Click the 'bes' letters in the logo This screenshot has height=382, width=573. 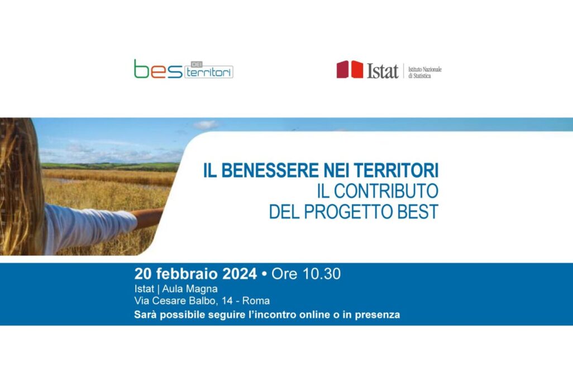coord(158,69)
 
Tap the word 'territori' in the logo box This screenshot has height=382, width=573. coord(209,73)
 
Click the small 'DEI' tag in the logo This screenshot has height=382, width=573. coord(197,64)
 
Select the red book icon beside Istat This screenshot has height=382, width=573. coord(350,69)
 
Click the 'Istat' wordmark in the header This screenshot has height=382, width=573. coord(383,70)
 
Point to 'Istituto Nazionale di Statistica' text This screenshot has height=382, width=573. coord(424,73)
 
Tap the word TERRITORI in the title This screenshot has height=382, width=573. coord(396,170)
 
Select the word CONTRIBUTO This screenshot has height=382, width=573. coord(386,191)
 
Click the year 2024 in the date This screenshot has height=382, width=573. coord(240,274)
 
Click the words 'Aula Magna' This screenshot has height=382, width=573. coord(190,289)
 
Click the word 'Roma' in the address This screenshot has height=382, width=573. coord(256,301)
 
